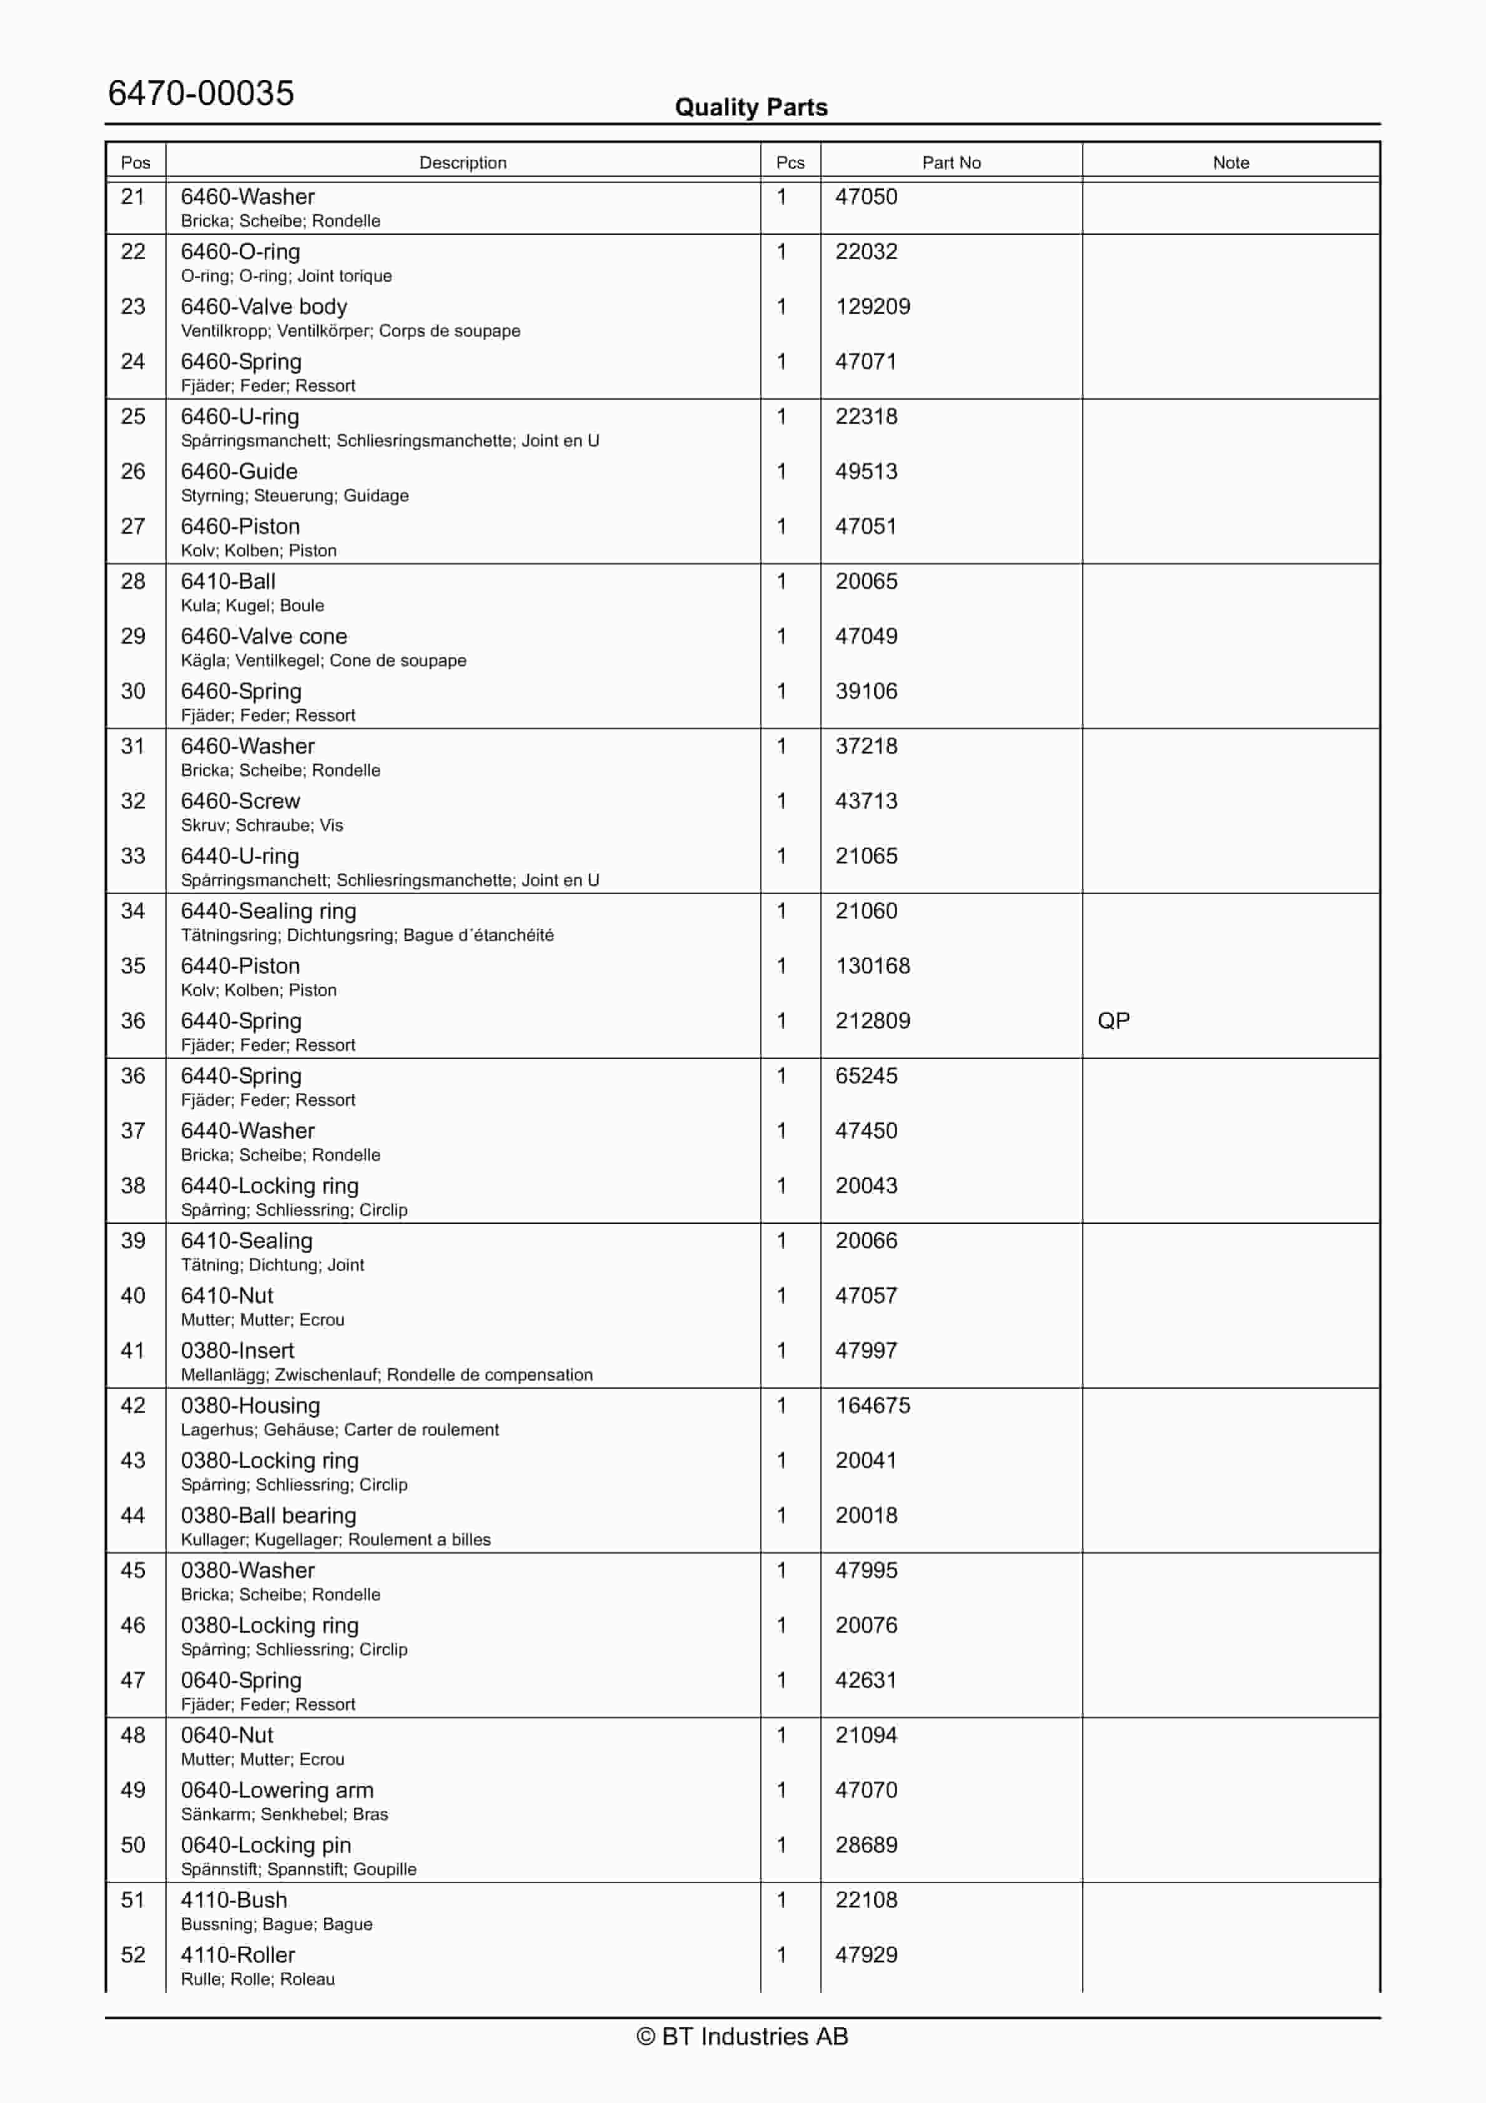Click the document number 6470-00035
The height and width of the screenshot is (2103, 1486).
(200, 94)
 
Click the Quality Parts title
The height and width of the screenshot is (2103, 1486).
(750, 107)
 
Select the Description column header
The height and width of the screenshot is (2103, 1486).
(463, 163)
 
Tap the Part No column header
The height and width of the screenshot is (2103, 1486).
(951, 163)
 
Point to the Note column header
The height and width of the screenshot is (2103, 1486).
(1231, 163)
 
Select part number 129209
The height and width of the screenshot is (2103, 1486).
(872, 307)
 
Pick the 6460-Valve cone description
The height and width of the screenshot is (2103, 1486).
(264, 636)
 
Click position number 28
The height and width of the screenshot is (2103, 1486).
(133, 581)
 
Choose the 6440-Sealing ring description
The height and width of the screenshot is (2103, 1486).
(268, 912)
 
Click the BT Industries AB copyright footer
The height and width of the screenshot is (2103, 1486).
(742, 2036)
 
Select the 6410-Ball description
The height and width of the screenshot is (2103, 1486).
(228, 581)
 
